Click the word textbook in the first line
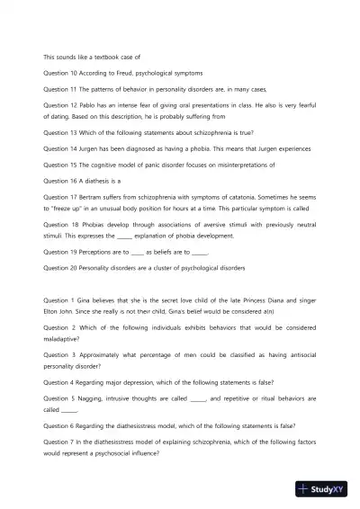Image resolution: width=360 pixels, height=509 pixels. coord(101,57)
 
